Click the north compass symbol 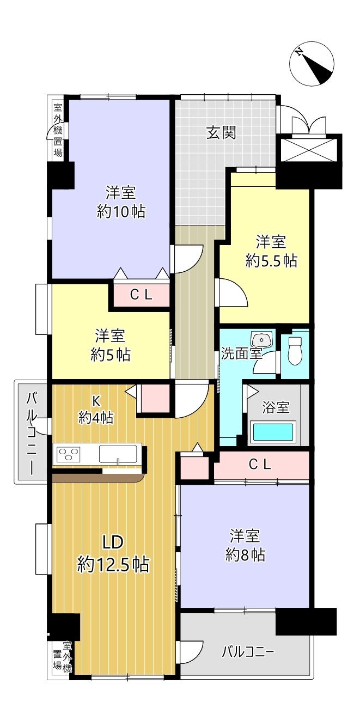pos(311,63)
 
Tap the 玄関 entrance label pos(221,132)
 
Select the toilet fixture pos(295,350)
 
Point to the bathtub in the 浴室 pos(273,432)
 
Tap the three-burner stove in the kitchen pos(68,454)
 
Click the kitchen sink pos(118,454)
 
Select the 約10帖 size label pos(121,211)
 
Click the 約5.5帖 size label pos(271,261)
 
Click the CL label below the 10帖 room pos(141,295)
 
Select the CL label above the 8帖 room pos(260,465)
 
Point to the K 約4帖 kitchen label pos(96,410)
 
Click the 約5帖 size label pos(111,355)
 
